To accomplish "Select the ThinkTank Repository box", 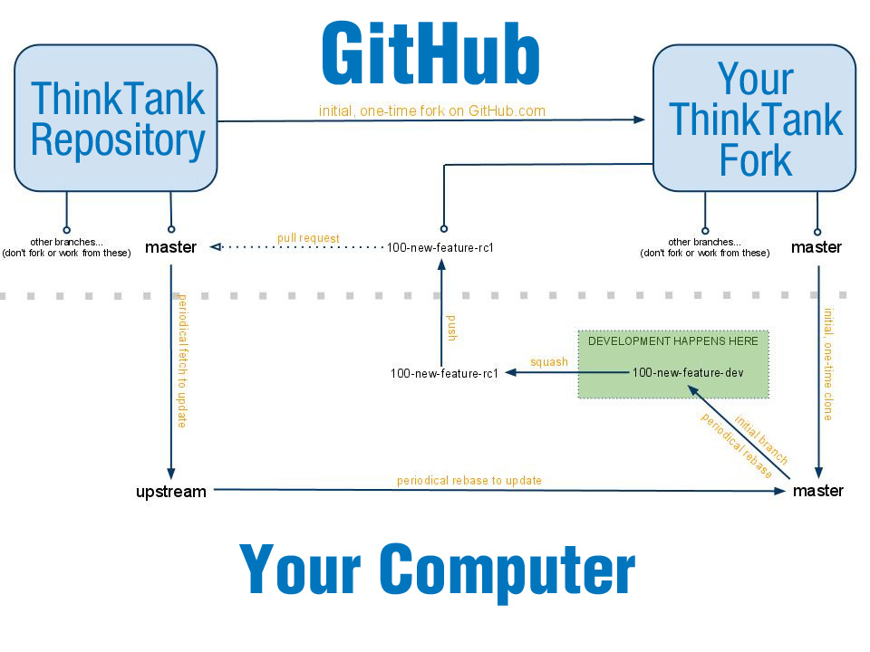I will (116, 119).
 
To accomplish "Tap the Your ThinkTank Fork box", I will (754, 119).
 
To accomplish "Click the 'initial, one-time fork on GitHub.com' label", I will (432, 110).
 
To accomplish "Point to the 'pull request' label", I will (308, 238).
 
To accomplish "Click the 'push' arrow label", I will (451, 327).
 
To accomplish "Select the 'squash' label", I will (549, 362).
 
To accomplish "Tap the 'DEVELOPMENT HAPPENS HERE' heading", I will (673, 341).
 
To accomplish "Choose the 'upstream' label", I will (171, 492).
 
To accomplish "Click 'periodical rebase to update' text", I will (469, 480).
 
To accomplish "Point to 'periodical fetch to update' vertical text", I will (182, 360).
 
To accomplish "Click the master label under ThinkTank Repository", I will (170, 247).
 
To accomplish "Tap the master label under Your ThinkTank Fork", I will (817, 247).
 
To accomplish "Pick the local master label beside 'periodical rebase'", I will (817, 491).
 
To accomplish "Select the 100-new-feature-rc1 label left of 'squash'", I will (445, 373).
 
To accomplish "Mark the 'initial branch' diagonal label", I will (761, 439).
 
